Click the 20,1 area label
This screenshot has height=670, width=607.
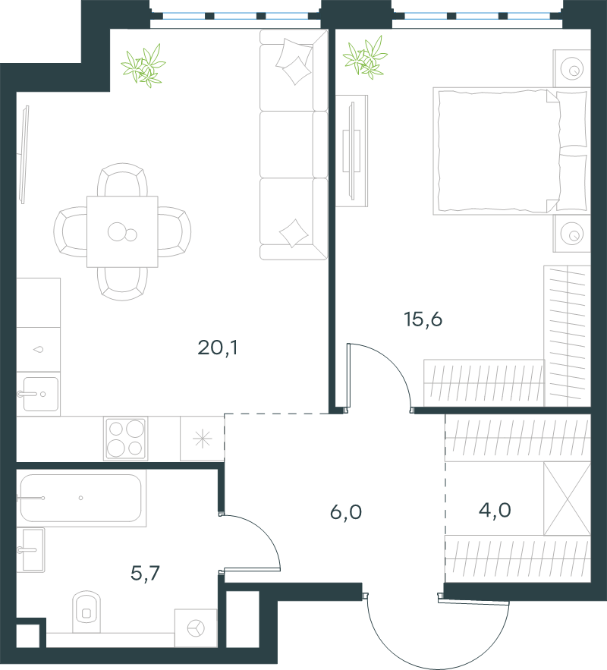click(218, 348)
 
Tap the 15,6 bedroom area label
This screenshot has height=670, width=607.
click(423, 319)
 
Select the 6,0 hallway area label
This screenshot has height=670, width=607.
click(346, 512)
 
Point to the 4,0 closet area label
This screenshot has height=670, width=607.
click(495, 510)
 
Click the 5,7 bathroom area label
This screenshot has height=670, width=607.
click(145, 574)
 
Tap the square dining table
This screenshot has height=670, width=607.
click(123, 231)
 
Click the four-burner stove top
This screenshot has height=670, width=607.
click(126, 439)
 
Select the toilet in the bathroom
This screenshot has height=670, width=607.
click(86, 612)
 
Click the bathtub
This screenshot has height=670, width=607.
click(81, 498)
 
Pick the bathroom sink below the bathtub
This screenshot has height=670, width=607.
click(32, 550)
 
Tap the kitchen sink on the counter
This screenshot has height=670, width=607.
click(39, 394)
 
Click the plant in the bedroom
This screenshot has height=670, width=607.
click(365, 58)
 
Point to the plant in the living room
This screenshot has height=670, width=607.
click(143, 66)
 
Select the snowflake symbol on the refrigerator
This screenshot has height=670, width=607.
click(202, 439)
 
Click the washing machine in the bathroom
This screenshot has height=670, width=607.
click(196, 628)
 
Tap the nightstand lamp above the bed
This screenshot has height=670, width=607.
click(572, 69)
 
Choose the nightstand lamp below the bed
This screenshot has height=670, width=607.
click(572, 234)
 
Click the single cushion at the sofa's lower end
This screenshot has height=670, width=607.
click(294, 233)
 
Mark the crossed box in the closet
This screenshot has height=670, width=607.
click(567, 499)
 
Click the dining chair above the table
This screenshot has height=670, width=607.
click(123, 180)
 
